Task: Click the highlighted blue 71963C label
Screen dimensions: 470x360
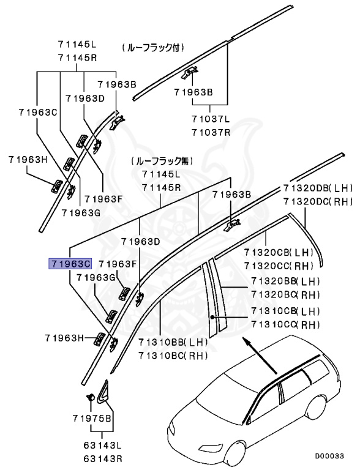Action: pos(70,264)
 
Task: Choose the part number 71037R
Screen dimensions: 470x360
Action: pos(210,132)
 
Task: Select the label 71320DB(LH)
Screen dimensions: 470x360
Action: pos(318,188)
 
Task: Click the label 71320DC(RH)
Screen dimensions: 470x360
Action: pos(318,201)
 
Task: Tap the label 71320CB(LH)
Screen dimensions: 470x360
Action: pos(278,252)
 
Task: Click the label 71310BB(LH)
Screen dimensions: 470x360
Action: pos(173,343)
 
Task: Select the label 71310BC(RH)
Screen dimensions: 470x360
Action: pos(173,355)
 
